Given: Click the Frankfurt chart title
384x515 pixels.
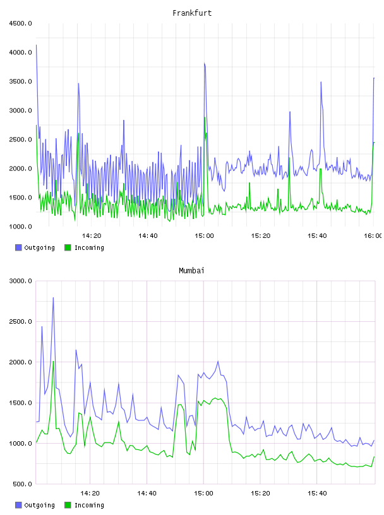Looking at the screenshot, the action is pos(192,13).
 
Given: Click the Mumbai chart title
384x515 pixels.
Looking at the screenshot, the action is pos(191,271).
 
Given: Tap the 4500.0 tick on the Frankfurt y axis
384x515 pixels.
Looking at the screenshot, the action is pos(20,23).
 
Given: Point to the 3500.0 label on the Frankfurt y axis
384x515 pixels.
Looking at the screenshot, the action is pos(20,81).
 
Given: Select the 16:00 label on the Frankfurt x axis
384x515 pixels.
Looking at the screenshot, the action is pos(373,236).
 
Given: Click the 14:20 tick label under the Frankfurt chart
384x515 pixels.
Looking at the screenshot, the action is pos(92,236).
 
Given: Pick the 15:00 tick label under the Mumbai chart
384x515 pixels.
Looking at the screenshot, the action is pos(203,494).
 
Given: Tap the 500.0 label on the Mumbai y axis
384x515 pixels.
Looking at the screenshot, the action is pos(22,484).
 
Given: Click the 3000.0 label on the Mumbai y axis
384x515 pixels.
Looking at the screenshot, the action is pos(20,281).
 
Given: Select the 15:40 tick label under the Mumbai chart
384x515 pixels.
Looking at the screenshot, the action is pos(317,494).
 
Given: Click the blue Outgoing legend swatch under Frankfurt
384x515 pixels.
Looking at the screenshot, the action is pos(18,247).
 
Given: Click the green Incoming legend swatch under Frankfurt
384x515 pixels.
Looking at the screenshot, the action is pos(68,247).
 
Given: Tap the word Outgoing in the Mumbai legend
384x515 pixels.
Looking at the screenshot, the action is pos(39,505).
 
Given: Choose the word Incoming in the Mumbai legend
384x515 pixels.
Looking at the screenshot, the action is pos(89,505).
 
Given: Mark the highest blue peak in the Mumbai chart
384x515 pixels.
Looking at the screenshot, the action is pos(53,298).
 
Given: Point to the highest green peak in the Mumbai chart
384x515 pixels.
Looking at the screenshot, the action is pos(53,362).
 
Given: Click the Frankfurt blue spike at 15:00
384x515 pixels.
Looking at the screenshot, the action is pos(205,63).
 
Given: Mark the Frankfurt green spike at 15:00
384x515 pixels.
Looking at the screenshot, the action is pos(205,117).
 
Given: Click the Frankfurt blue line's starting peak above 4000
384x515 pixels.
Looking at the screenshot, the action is pos(36,45).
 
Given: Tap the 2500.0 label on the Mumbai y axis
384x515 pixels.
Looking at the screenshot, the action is pos(20,322).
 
